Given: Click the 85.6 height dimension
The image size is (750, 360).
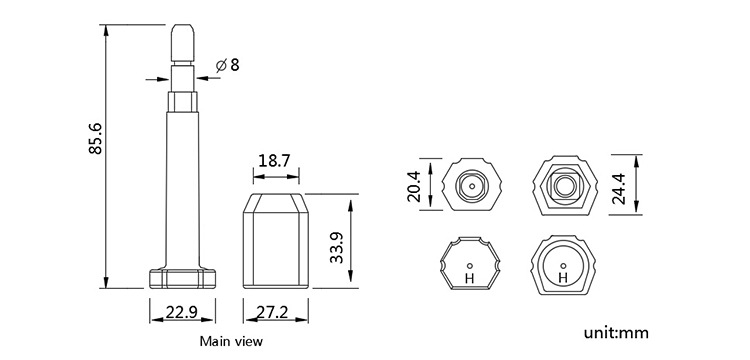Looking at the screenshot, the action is [96, 139].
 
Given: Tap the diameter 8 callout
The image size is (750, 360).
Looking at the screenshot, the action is [227, 65].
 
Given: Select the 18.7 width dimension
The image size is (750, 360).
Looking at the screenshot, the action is [274, 161].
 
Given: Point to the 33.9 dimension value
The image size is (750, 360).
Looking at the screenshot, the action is [337, 247].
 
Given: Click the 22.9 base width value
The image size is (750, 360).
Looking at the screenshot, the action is [182, 312].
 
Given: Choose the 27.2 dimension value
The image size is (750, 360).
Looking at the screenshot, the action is [273, 312].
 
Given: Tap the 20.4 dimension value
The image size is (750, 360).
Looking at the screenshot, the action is [413, 185].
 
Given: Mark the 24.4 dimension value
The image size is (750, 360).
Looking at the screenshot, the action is [619, 188].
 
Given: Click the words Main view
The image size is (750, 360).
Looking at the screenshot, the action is [231, 341].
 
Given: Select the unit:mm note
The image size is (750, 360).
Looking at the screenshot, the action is [616, 332].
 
